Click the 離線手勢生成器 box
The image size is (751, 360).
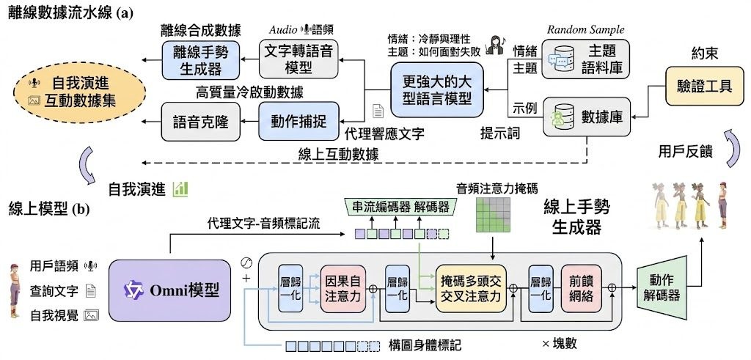coord(201,59)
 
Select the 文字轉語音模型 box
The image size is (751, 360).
coord(299,59)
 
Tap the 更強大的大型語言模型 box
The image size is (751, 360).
coord(436,89)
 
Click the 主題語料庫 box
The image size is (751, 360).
coord(586,60)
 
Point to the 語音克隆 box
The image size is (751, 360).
coord(201,122)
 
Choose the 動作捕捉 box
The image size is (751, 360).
coord(299,122)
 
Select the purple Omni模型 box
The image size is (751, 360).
coord(169,290)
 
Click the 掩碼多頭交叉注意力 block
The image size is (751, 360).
coord(471,289)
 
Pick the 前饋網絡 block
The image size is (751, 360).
coord(580,289)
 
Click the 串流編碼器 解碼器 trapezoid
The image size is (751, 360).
coord(400,207)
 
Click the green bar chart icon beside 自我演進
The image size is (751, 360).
coord(180,188)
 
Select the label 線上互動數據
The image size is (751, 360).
coord(339,155)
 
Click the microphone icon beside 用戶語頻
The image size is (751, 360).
coord(89,265)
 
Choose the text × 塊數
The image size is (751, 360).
coord(560,343)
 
